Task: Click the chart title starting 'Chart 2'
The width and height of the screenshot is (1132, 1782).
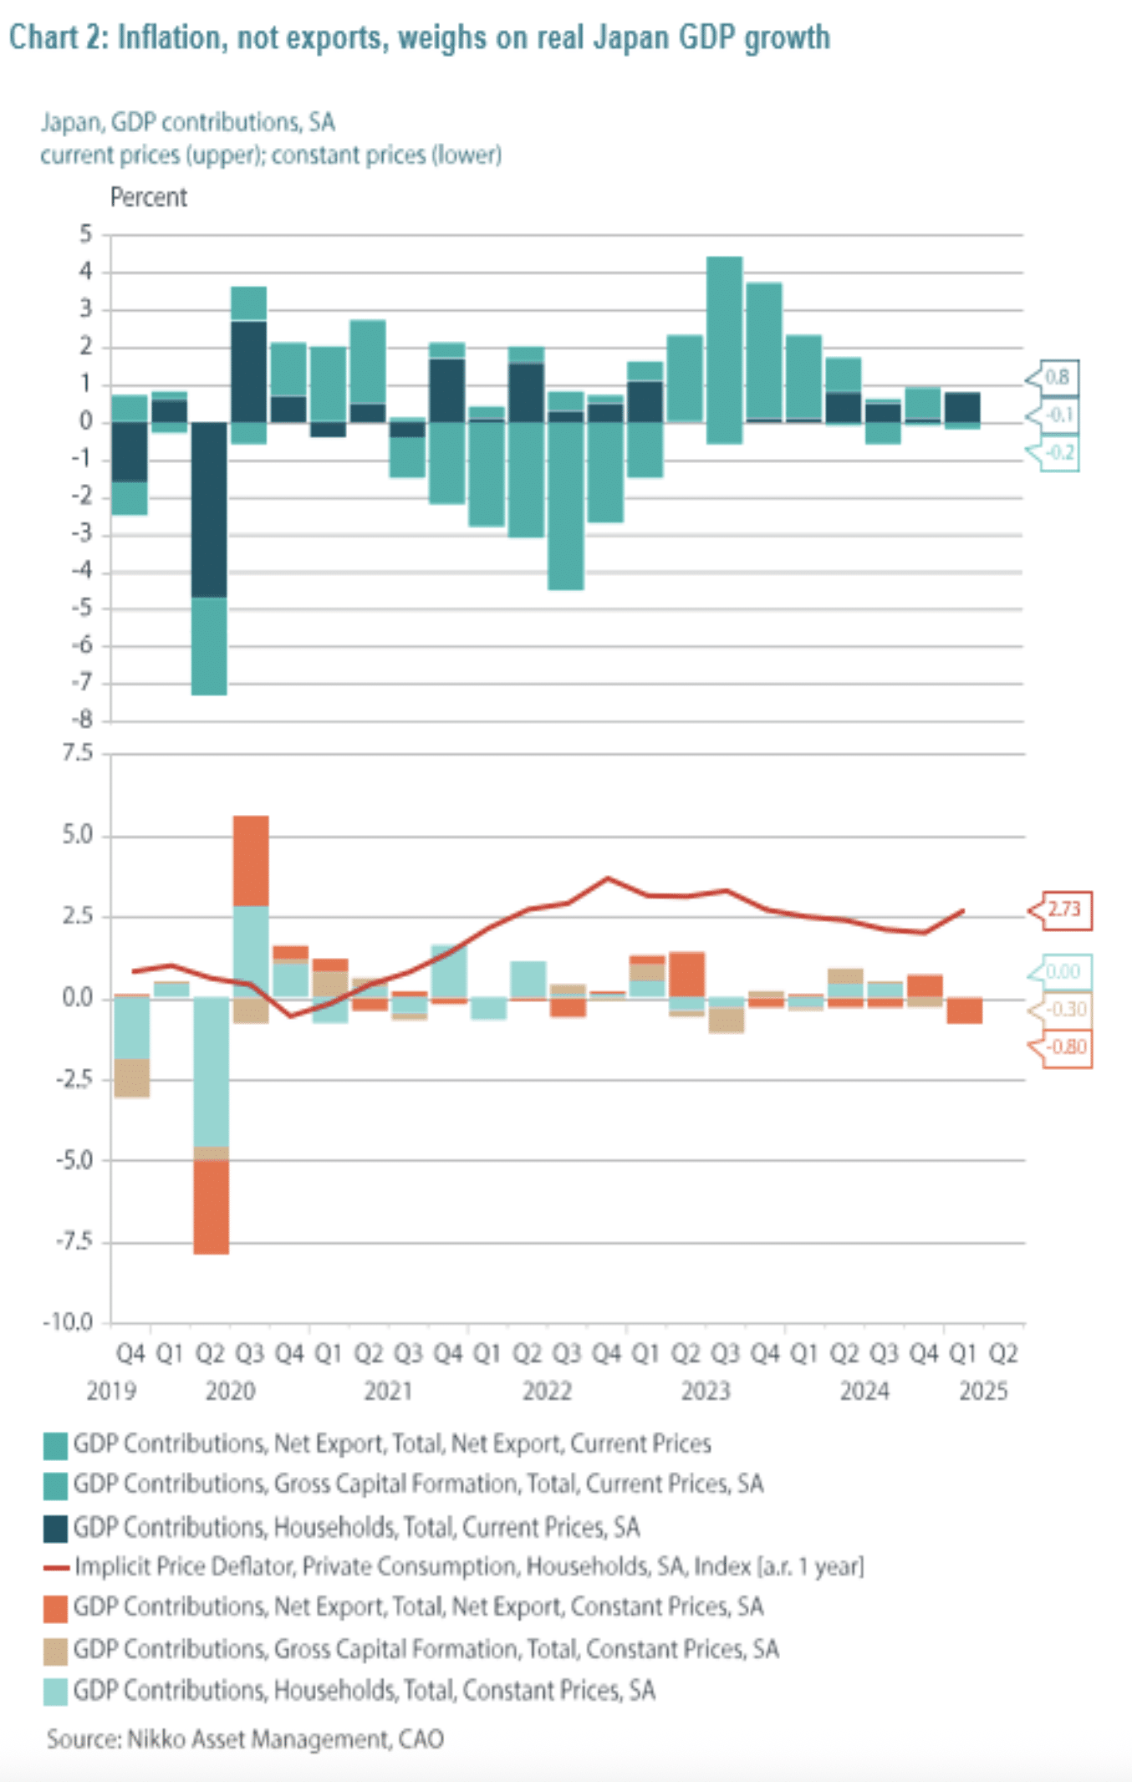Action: (419, 38)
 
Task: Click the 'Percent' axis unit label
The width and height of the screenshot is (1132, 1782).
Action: (148, 197)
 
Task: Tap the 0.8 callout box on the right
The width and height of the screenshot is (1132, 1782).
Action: (1058, 377)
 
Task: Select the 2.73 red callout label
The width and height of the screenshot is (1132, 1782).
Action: (1064, 909)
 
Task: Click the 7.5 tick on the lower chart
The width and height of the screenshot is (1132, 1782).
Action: (78, 753)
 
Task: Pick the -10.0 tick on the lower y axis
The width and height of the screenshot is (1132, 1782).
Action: (68, 1322)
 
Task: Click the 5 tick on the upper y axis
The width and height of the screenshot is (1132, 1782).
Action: (85, 234)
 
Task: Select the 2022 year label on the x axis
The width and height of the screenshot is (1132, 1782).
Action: (547, 1391)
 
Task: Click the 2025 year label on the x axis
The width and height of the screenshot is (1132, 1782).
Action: (983, 1391)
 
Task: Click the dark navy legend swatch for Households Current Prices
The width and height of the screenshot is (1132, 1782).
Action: (55, 1529)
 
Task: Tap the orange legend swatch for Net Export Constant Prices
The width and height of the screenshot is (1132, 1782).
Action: (55, 1608)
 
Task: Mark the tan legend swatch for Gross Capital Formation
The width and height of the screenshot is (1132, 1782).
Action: (55, 1651)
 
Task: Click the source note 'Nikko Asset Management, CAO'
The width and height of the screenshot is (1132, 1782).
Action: (245, 1739)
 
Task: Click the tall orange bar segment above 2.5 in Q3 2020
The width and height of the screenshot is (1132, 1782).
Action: (251, 861)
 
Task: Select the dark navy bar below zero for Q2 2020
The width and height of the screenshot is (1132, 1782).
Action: (209, 510)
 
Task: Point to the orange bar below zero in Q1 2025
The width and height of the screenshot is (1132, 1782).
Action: (965, 1011)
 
